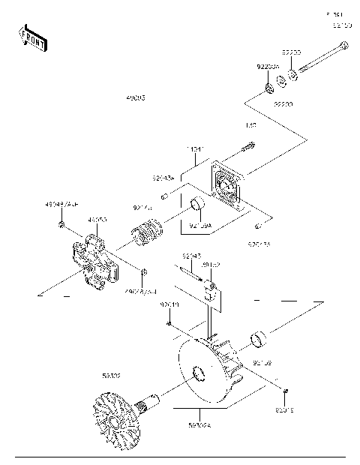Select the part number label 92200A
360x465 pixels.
point(268,67)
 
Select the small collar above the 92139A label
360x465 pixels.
point(197,205)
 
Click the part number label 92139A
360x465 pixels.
point(200,224)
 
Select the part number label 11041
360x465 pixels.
point(196,149)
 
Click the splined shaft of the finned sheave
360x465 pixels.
point(154,401)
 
